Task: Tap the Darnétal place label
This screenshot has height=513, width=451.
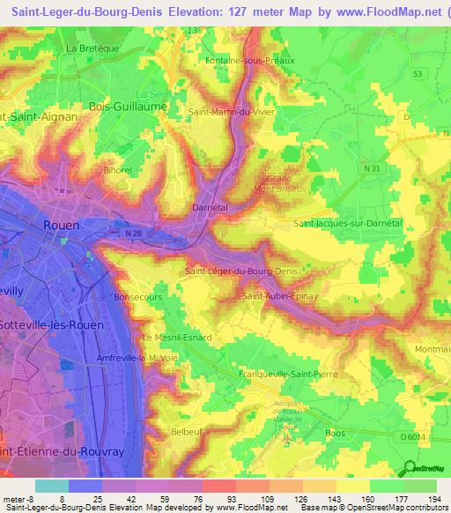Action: click(211, 208)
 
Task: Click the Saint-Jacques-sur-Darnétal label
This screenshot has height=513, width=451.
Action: click(348, 225)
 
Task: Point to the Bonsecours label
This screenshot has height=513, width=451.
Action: click(135, 298)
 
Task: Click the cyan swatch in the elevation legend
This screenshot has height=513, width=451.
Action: click(52, 486)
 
